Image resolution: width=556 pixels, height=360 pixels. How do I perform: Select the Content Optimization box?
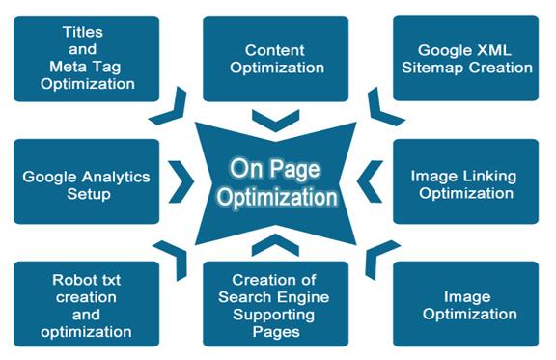[275, 59]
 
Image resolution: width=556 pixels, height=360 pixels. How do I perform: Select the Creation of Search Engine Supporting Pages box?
[275, 304]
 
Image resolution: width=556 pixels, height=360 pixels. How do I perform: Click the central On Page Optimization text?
[276, 183]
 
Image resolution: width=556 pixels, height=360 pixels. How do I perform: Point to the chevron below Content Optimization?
[275, 120]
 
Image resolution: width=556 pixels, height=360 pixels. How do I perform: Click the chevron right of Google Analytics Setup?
[181, 180]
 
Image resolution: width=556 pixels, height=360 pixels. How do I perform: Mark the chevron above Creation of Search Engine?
[275, 243]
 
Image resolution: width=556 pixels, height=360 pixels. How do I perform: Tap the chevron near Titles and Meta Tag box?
[168, 108]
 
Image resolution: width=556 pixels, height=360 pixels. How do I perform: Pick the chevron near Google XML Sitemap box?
[383, 108]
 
